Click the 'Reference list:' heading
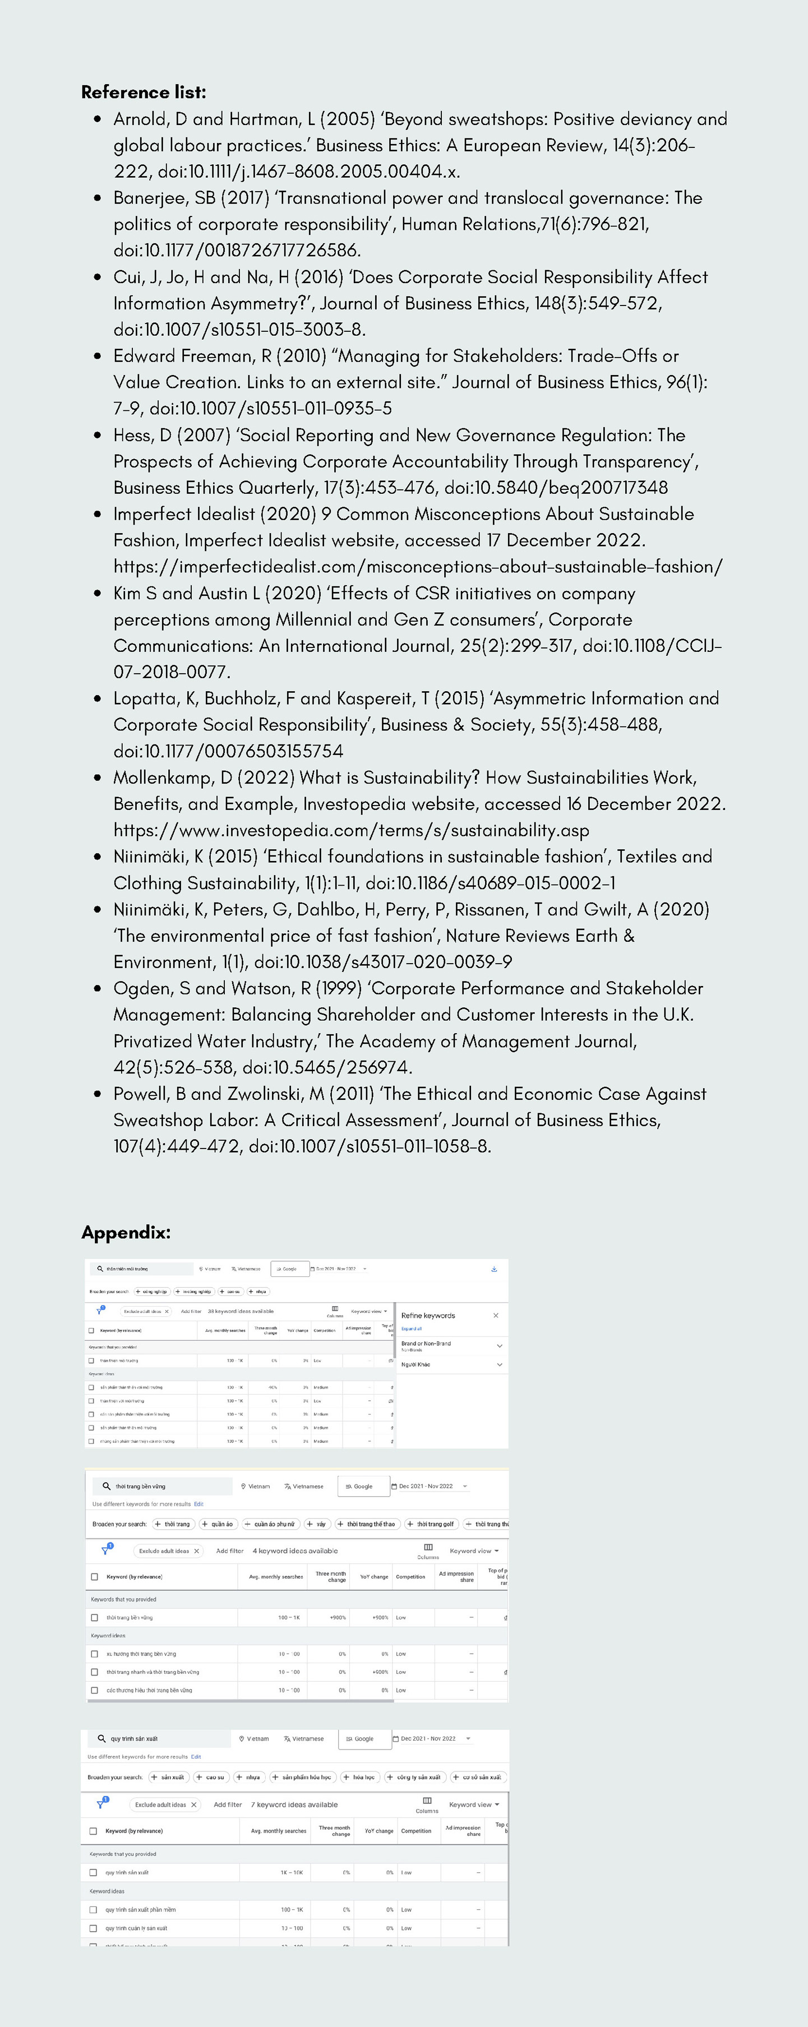point(143,92)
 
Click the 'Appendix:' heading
point(126,1232)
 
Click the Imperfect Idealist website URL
point(417,567)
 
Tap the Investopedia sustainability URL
point(351,830)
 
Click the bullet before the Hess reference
point(98,435)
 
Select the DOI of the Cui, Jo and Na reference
point(239,330)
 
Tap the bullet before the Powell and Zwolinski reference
point(98,1094)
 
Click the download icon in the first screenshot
point(494,1269)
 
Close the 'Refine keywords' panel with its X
point(496,1315)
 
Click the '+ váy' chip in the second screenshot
point(317,1524)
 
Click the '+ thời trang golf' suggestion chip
point(431,1524)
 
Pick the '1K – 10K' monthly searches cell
point(291,1872)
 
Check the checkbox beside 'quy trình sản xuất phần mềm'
point(93,1909)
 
